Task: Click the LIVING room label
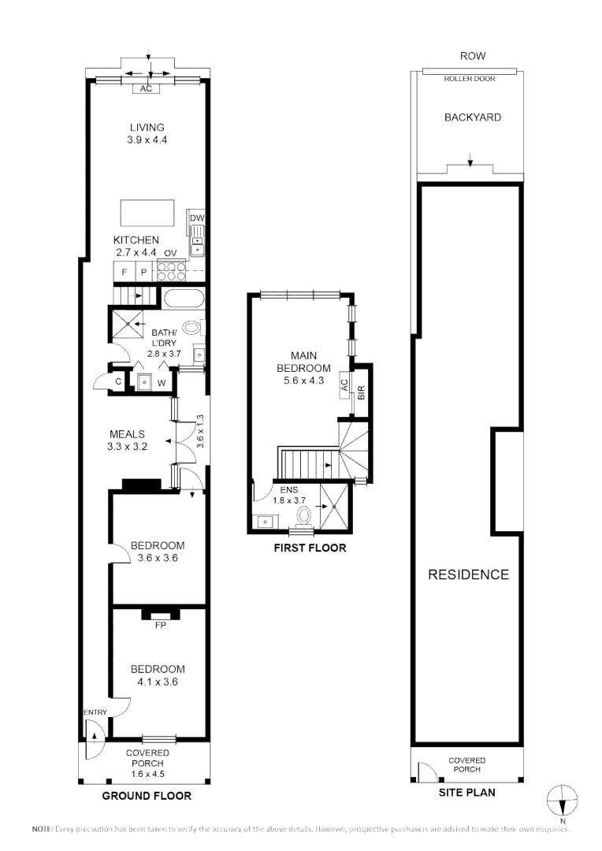(x=147, y=128)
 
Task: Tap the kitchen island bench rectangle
(x=147, y=213)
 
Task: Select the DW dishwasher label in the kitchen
(x=197, y=218)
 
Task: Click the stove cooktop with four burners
(x=169, y=271)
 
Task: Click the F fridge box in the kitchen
(x=124, y=272)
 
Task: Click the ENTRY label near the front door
(x=95, y=712)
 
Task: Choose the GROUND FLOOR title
(x=147, y=796)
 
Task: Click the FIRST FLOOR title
(x=310, y=548)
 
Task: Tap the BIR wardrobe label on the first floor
(x=361, y=392)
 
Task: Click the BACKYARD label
(x=472, y=117)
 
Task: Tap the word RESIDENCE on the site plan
(x=468, y=574)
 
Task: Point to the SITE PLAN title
(x=466, y=792)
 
